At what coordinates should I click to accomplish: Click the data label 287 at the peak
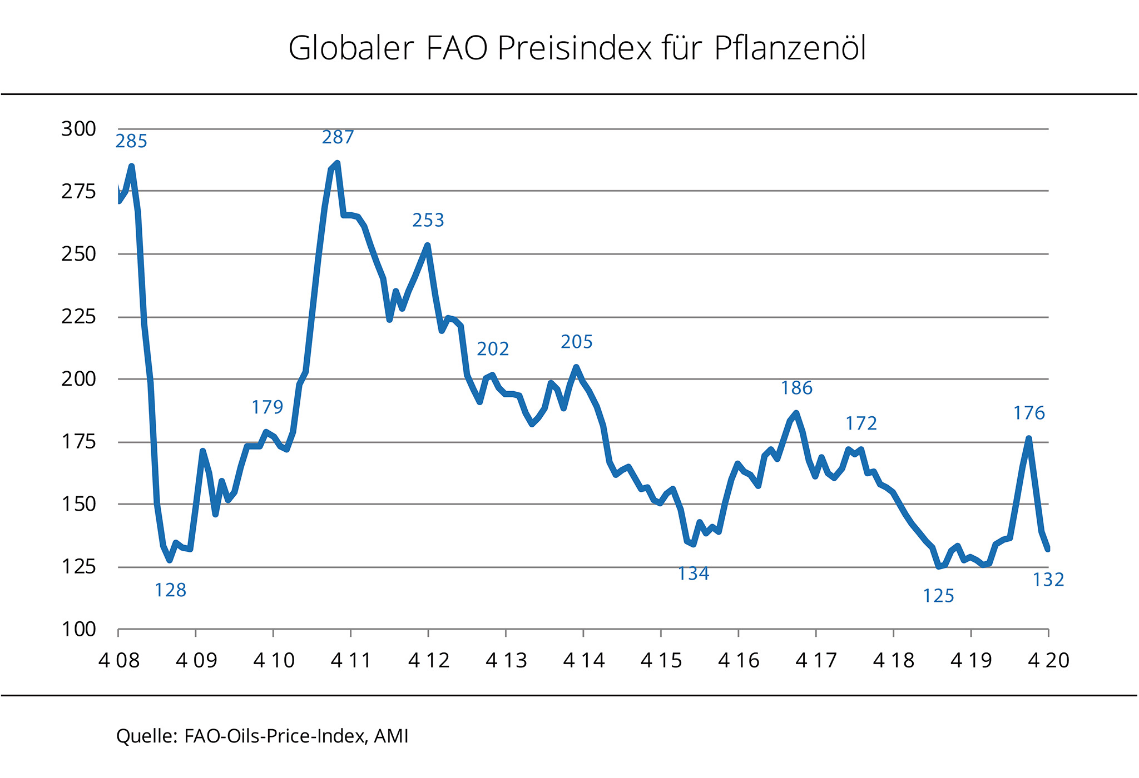pyautogui.click(x=338, y=137)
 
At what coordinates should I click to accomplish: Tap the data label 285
pyautogui.click(x=131, y=142)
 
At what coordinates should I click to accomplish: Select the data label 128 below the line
pyautogui.click(x=170, y=590)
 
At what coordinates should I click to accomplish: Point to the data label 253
pyautogui.click(x=428, y=221)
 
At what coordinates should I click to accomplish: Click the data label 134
pyautogui.click(x=694, y=573)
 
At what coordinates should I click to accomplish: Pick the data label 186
pyautogui.click(x=796, y=388)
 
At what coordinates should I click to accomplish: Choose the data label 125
pyautogui.click(x=938, y=596)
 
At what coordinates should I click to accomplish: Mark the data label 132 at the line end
pyautogui.click(x=1048, y=580)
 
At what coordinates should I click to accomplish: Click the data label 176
pyautogui.click(x=1029, y=413)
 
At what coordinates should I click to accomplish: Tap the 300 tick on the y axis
pyautogui.click(x=78, y=129)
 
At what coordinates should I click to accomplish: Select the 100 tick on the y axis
pyautogui.click(x=78, y=630)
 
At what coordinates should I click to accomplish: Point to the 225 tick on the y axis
pyautogui.click(x=78, y=317)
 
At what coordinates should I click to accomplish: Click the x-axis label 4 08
pyautogui.click(x=119, y=660)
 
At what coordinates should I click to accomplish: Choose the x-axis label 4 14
pyautogui.click(x=583, y=660)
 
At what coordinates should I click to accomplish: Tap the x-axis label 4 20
pyautogui.click(x=1048, y=660)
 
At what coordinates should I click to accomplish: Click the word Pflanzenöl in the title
pyautogui.click(x=790, y=49)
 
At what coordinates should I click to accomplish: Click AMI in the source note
pyautogui.click(x=391, y=736)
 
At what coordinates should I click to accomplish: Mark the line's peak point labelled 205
pyautogui.click(x=576, y=367)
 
